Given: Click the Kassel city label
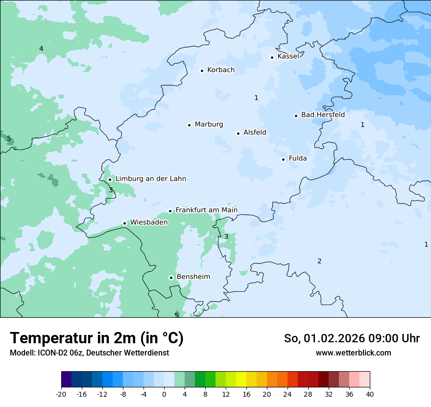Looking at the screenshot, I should tap(288, 56).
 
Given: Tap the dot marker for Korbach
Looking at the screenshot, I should tap(202, 71).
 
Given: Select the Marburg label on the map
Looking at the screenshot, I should tap(209, 125).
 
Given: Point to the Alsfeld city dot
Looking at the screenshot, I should tap(239, 133).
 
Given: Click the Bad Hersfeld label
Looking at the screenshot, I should tap(323, 115).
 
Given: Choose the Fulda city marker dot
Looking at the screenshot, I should tap(283, 159).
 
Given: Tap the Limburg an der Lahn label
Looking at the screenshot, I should tap(150, 179).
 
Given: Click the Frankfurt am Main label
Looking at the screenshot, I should tap(206, 210).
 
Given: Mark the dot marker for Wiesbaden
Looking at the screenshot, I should tap(125, 224).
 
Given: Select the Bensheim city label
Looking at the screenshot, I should tap(193, 277).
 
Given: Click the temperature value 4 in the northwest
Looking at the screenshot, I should tap(41, 49).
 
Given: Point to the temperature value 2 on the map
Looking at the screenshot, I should tap(319, 261).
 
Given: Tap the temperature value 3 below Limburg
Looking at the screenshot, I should tap(111, 190).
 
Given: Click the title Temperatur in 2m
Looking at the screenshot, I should tap(96, 338).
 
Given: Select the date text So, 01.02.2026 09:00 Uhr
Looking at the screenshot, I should tap(352, 338).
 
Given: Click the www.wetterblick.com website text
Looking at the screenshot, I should tap(353, 353).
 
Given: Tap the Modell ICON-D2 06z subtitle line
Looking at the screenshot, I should tap(89, 353).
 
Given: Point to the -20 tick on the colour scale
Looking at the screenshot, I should tap(61, 394).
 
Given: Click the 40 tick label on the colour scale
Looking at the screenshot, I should tap(369, 394).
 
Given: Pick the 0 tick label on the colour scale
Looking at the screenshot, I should tap(164, 394).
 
